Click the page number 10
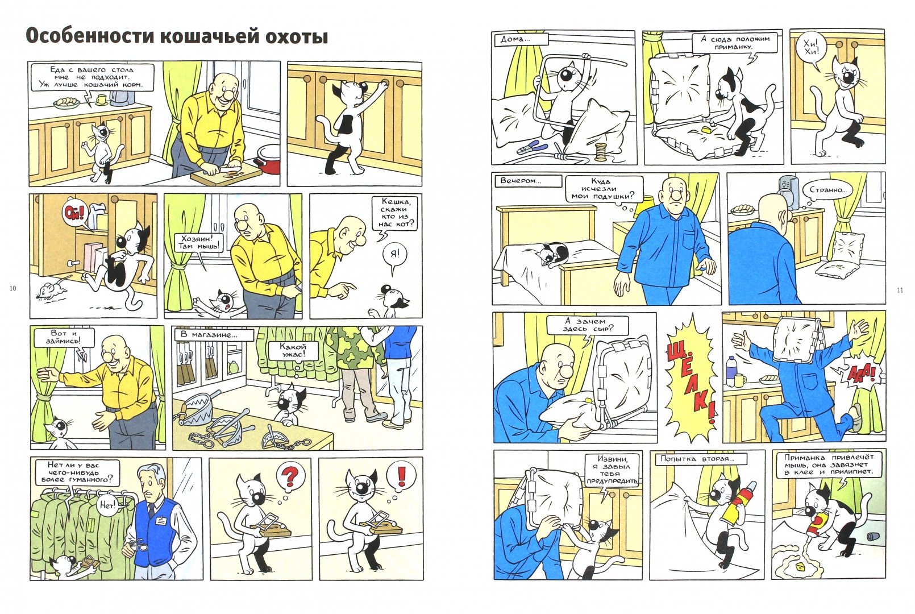pyautogui.click(x=13, y=288)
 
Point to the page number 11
pyautogui.click(x=900, y=290)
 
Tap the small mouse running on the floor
pyautogui.click(x=49, y=289)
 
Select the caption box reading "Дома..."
pyautogui.click(x=521, y=40)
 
